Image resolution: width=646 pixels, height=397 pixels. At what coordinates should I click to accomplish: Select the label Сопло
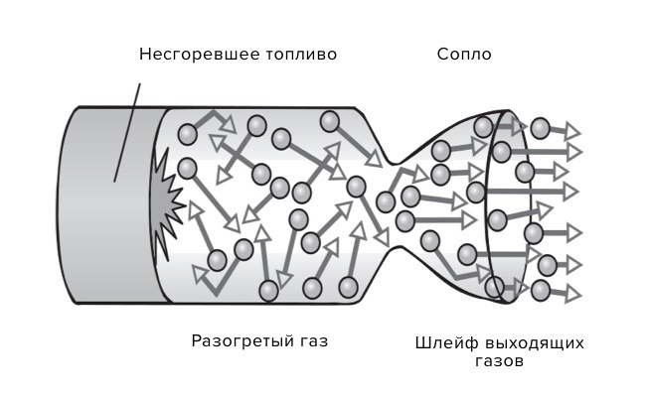[x=464, y=54]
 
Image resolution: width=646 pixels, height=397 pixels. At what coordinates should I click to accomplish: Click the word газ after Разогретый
[x=309, y=341]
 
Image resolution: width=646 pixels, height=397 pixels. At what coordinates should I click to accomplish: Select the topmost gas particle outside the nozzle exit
[x=540, y=128]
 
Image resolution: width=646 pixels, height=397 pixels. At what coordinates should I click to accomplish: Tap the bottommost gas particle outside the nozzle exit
[x=540, y=291]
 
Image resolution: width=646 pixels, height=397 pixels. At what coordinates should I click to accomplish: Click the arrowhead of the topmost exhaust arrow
[x=573, y=130]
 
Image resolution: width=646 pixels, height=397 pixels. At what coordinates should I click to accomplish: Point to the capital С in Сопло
[x=443, y=54]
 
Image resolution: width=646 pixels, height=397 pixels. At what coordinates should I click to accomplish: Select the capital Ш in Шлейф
[x=422, y=343]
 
